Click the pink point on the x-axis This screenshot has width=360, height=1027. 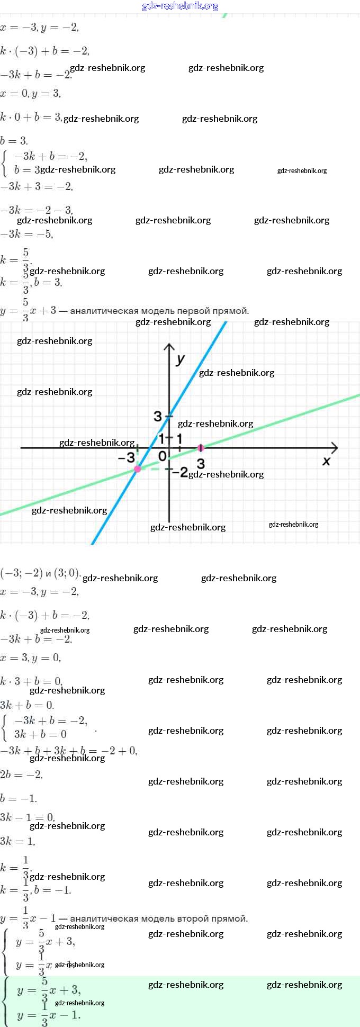click(201, 448)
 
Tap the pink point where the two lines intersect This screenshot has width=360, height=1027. click(138, 469)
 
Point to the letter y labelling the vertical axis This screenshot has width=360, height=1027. click(181, 359)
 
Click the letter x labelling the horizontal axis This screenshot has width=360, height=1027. click(326, 461)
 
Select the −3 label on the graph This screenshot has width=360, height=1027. click(127, 458)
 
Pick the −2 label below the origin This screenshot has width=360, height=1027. click(180, 472)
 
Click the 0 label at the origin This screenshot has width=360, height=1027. click(163, 456)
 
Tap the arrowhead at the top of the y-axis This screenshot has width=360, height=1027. click(169, 347)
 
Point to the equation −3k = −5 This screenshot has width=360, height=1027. click(27, 234)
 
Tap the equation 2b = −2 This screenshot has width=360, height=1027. click(22, 774)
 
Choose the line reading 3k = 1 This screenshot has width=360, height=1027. click(18, 841)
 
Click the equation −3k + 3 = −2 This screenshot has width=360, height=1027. click(37, 186)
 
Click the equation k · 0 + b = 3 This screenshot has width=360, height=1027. click(31, 117)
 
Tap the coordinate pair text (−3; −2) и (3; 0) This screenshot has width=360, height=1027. click(41, 573)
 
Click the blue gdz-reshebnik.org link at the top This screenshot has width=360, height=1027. click(180, 6)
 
